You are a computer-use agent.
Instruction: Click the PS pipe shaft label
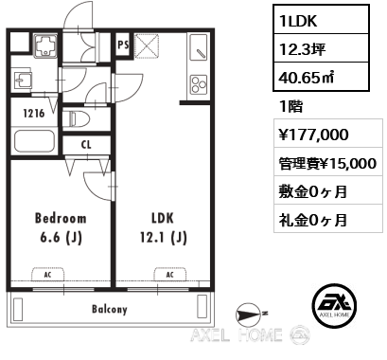pyautogui.click(x=123, y=45)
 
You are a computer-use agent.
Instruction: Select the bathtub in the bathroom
pyautogui.click(x=34, y=141)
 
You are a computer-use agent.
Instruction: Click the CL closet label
pyautogui.click(x=86, y=145)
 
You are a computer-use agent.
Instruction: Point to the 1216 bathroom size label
pyautogui.click(x=34, y=113)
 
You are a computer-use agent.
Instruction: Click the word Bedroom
pyautogui.click(x=61, y=218)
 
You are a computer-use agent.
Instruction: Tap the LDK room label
pyautogui.click(x=163, y=218)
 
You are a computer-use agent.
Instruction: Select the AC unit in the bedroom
pyautogui.click(x=47, y=274)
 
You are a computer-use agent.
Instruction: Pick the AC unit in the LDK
pyautogui.click(x=169, y=274)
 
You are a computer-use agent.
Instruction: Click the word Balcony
pyautogui.click(x=110, y=309)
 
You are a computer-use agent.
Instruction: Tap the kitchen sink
pyautogui.click(x=199, y=46)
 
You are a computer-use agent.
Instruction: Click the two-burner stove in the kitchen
pyautogui.click(x=199, y=84)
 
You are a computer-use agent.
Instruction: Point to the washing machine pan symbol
pyautogui.click(x=45, y=45)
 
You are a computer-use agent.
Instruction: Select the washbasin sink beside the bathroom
pyautogui.click(x=23, y=81)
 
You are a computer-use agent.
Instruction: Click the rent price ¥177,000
pyautogui.click(x=314, y=135)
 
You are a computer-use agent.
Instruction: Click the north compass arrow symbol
pyautogui.click(x=249, y=314)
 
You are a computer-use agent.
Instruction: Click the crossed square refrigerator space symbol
pyautogui.click(x=147, y=45)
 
